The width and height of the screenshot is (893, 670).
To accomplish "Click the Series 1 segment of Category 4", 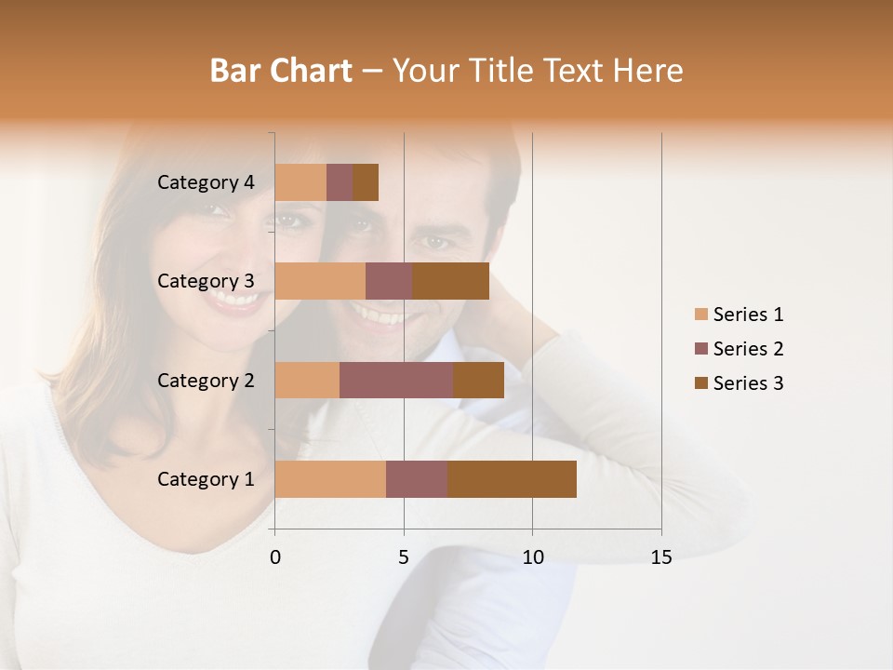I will [x=300, y=182].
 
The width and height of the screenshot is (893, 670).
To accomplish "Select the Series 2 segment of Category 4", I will [x=340, y=182].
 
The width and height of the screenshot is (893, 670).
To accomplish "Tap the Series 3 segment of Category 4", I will [x=366, y=182].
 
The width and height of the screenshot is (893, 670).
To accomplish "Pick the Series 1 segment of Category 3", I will [x=320, y=281].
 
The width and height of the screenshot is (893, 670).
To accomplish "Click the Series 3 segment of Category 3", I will [x=450, y=281].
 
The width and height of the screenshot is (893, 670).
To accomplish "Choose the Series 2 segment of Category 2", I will [x=396, y=380].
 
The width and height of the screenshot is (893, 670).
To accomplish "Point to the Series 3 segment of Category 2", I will [x=478, y=380].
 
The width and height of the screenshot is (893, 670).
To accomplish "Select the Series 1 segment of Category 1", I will [x=330, y=479].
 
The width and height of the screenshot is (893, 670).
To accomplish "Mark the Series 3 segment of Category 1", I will [x=512, y=479].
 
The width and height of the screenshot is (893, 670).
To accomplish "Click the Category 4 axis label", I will [x=206, y=182].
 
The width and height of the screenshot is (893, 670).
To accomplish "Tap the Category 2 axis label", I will [x=206, y=380].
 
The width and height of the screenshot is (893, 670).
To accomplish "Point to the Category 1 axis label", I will [x=206, y=479].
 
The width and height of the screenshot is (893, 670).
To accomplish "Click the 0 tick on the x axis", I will [x=275, y=557].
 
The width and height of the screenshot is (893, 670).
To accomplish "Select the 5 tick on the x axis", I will [x=404, y=557].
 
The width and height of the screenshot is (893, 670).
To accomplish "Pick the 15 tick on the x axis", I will [x=661, y=557].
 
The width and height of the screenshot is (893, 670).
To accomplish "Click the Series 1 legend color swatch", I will [x=701, y=315].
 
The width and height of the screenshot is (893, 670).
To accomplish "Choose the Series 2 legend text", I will [x=748, y=349].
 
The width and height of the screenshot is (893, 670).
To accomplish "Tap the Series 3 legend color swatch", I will [x=701, y=383].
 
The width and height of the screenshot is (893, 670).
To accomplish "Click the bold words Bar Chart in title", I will [x=281, y=71].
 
